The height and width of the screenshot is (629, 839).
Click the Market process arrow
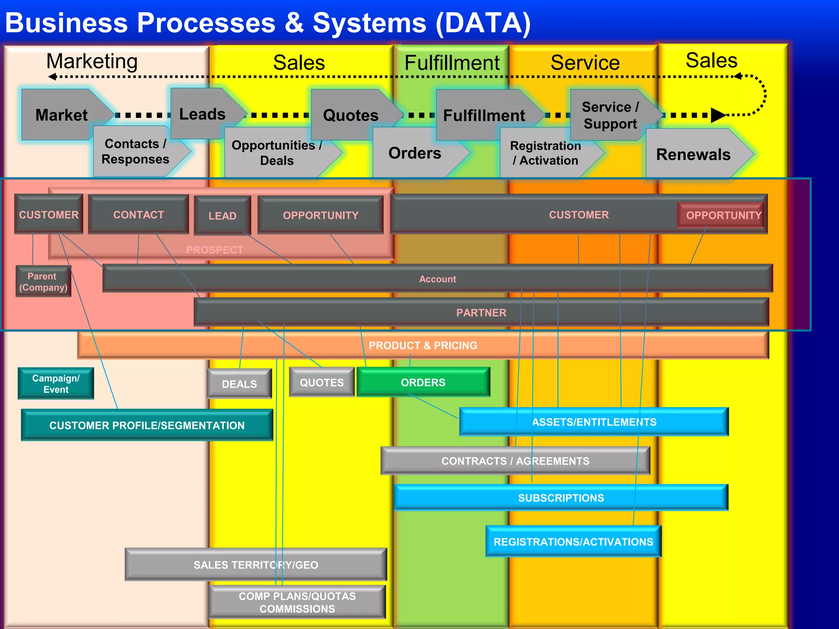tap(61, 115)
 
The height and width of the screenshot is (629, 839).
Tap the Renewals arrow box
tap(693, 154)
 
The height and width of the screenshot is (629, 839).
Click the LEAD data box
tap(222, 216)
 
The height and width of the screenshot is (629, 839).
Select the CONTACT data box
tap(138, 215)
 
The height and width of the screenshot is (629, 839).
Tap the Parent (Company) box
tap(43, 282)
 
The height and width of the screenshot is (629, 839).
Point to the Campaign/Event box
tap(56, 384)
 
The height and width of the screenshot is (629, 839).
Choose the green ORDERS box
tap(423, 382)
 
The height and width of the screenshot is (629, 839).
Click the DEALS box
tap(239, 384)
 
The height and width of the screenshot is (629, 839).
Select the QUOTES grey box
tap(322, 382)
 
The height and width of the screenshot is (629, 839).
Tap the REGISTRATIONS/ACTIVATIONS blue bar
tap(573, 542)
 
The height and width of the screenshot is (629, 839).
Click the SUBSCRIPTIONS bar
tap(560, 498)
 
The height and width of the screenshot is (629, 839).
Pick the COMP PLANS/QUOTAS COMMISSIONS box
tap(297, 602)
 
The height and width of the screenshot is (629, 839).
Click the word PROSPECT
tap(215, 250)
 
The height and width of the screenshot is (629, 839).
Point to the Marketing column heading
tap(92, 61)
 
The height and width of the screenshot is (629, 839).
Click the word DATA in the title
tap(483, 23)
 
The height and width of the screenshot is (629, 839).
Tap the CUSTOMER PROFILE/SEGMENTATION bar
tap(147, 425)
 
